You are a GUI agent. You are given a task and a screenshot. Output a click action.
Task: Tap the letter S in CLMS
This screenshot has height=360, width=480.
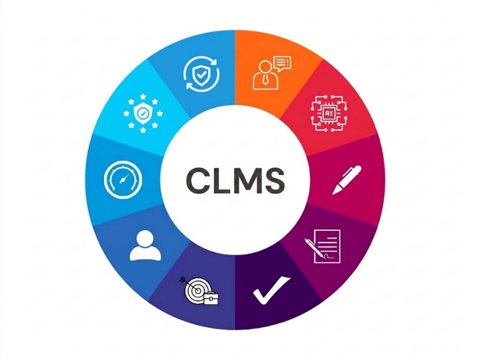point(273,180)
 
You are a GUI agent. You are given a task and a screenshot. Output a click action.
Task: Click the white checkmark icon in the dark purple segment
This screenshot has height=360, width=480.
point(271,290)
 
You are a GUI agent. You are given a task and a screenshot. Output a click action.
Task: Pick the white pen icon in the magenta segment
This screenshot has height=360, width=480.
point(347,180)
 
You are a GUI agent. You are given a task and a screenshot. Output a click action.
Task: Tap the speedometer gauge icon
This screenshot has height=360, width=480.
point(123,179)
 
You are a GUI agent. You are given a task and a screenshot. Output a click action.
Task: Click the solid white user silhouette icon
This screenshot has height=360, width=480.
point(145,246)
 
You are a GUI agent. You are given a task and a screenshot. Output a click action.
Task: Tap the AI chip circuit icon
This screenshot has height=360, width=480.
point(329,113)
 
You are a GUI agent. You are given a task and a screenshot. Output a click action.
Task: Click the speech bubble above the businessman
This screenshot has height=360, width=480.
point(282,64)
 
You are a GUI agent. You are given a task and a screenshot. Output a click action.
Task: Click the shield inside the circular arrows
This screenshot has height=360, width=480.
point(201,75)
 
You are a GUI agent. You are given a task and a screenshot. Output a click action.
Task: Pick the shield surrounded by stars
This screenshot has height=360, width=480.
point(143,114)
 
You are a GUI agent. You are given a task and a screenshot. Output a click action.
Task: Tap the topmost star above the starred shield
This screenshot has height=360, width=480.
point(143,97)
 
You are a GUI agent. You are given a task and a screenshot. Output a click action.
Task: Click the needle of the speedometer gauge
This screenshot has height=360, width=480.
point(124,178)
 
